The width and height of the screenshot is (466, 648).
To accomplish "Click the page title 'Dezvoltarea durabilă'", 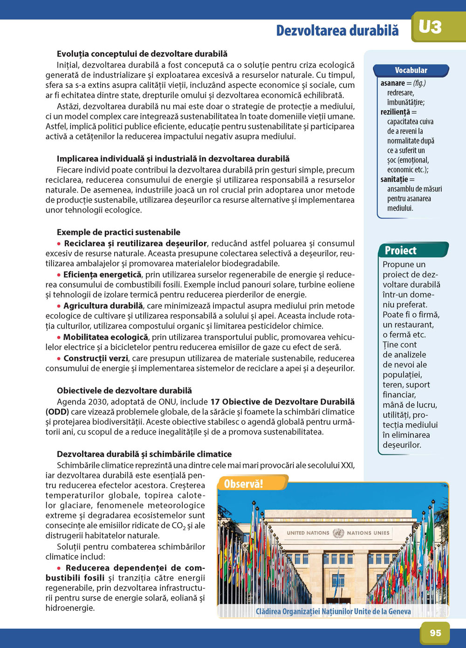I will tap(337, 30).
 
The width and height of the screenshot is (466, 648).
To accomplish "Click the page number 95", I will tap(435, 633).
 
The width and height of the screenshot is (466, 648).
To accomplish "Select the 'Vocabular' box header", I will tap(411, 70).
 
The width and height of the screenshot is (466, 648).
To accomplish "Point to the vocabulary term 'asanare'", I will tap(392, 83).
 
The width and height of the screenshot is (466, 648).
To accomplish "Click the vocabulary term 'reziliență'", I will tap(395, 112).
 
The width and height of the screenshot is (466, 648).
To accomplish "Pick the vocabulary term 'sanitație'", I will tap(394, 179).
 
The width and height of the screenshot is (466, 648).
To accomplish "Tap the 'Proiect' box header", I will tap(401, 250).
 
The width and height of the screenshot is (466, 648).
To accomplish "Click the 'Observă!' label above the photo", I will tap(244, 483).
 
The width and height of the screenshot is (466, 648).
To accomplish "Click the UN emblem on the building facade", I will tap(338, 533).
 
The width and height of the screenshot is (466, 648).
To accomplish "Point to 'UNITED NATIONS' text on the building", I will tap(308, 533).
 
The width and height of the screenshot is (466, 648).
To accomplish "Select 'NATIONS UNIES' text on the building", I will tap(368, 533).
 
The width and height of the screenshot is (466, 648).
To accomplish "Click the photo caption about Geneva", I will tap(333, 611).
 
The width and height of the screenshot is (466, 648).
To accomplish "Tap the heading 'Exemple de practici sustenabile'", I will tap(118, 232).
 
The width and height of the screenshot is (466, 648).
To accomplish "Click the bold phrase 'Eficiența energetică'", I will tap(102, 275).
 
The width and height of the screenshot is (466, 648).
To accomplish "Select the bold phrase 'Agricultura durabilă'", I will tap(103, 306).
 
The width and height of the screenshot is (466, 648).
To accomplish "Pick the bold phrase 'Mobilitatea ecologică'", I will tap(106, 337).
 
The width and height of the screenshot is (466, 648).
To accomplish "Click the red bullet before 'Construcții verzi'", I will tap(59, 358).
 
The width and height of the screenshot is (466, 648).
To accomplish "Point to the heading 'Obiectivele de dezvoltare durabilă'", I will tap(124, 391).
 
